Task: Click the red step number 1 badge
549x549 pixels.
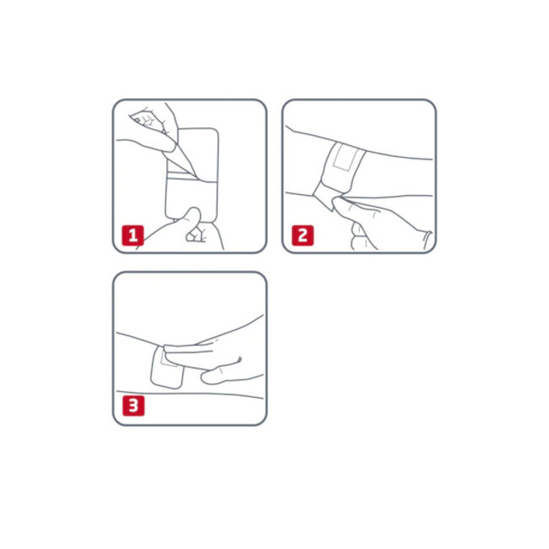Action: coord(133,236)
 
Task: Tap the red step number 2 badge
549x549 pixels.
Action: coord(303,236)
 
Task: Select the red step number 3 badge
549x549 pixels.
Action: coord(133,405)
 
